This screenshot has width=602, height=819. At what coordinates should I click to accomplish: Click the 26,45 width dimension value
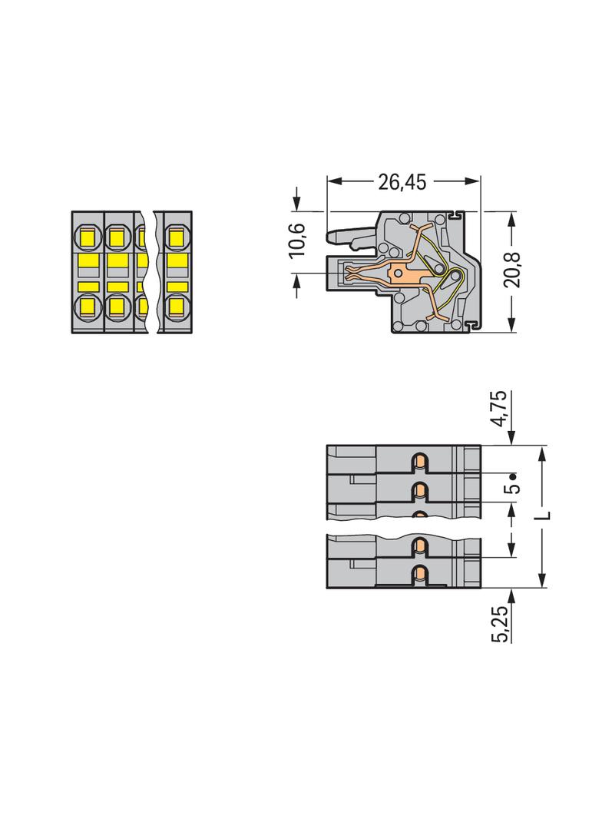tap(402, 182)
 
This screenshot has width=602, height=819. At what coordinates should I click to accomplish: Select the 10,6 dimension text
tap(297, 240)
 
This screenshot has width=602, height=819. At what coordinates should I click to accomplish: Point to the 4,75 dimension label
tap(500, 409)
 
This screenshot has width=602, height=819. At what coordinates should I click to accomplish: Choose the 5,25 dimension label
tap(500, 624)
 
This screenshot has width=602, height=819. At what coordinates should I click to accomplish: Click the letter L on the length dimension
tap(543, 516)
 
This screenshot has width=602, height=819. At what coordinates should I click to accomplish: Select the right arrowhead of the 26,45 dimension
tap(472, 181)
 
